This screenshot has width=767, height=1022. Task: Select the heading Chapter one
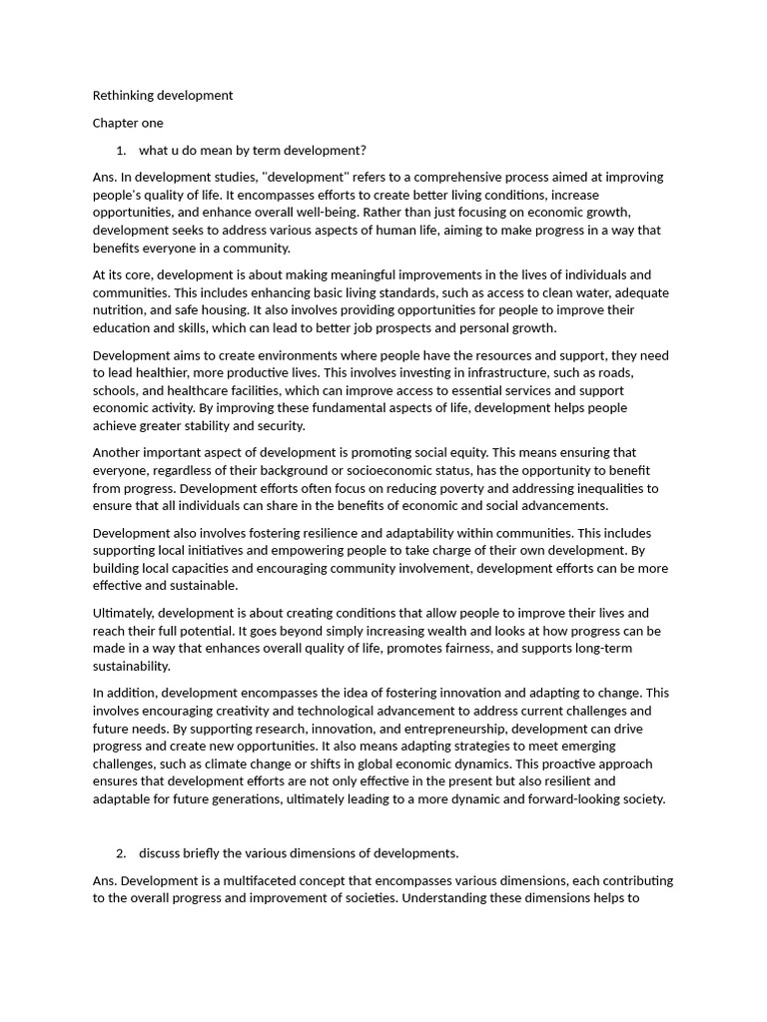[128, 123]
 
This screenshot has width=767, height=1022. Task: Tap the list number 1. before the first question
[121, 151]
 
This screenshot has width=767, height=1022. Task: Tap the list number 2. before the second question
[121, 853]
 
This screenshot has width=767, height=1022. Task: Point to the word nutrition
[119, 310]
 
